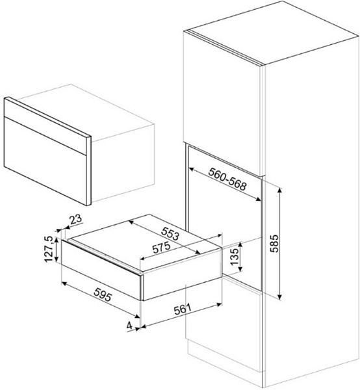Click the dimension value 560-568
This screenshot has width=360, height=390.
227,179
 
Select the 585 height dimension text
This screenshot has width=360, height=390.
275,243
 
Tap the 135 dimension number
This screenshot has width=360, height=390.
234,257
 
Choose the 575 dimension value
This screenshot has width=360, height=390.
162,248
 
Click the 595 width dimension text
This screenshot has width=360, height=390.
103,294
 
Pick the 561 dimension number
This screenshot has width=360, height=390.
183,309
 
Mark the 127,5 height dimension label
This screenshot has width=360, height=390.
49,249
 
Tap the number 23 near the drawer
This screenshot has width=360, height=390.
75,220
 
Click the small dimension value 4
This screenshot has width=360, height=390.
129,326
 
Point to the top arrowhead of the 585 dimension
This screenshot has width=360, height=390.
279,190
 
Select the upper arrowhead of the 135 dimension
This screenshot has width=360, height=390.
240,244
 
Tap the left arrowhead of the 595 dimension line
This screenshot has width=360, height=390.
64,283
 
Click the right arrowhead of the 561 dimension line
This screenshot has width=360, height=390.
219,304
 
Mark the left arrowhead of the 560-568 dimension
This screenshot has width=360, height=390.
192,169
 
